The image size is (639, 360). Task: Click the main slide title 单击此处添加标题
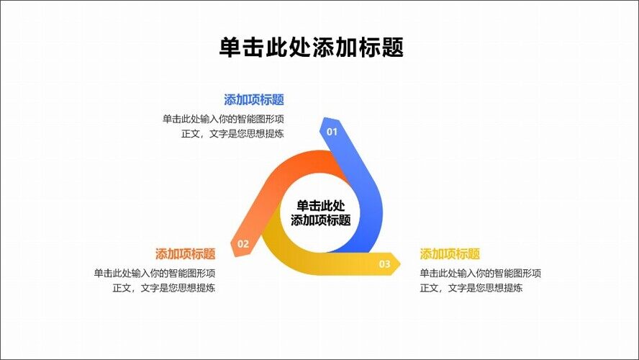coord(311,48)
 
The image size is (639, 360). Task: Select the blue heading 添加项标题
coord(254,100)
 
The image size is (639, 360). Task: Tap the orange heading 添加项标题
coord(186,254)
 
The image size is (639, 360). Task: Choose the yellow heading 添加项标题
coord(450,254)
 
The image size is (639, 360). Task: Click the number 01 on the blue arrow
coord(332,132)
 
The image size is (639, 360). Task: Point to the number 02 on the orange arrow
coord(243,244)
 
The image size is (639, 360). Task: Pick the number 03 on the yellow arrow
coord(385,264)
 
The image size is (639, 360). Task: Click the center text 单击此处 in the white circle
coord(321,205)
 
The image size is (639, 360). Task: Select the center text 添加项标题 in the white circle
coord(321,220)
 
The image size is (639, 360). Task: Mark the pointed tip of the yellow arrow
coord(399,264)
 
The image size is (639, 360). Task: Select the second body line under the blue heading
coord(233,134)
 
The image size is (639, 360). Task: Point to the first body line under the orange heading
coord(155,274)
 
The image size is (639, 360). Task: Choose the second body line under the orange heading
coord(165,288)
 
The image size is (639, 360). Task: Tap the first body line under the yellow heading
coord(480,274)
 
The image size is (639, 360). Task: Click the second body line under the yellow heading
coord(471,288)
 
